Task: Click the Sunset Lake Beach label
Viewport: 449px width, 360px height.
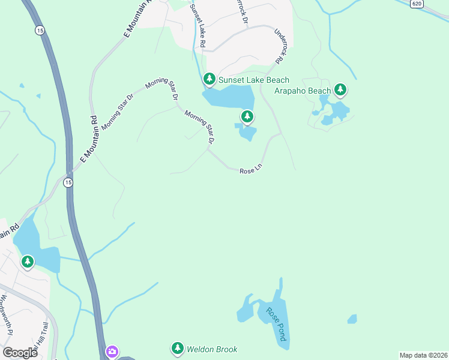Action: (x=253, y=80)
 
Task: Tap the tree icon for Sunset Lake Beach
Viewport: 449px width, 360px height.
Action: (x=209, y=79)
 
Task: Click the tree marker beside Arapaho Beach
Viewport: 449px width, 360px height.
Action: (x=340, y=90)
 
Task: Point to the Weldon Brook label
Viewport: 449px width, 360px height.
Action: (x=212, y=349)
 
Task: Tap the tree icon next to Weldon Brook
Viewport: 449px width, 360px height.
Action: (x=177, y=348)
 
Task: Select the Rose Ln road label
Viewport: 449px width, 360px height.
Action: (x=251, y=171)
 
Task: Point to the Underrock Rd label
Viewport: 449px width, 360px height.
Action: (x=279, y=47)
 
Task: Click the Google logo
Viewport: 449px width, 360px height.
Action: (x=20, y=352)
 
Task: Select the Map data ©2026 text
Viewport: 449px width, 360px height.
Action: (x=423, y=355)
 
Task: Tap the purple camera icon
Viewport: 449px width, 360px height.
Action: (x=112, y=352)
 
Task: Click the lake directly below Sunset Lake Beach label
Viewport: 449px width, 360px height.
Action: (x=228, y=97)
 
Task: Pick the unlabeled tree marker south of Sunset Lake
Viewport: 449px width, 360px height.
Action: (x=246, y=116)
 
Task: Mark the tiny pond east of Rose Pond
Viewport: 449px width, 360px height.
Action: (x=352, y=319)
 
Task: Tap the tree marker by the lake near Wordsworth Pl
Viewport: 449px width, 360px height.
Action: (x=27, y=262)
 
